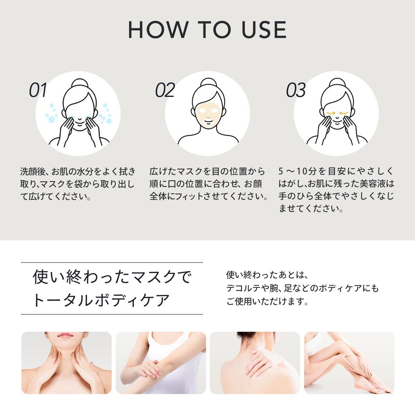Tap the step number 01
38,90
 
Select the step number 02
165,90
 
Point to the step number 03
296,90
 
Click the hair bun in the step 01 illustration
79,83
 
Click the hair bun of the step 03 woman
337,83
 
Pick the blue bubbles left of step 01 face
51,113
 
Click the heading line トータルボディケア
101,300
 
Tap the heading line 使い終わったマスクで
111,277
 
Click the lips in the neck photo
65,335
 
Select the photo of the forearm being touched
160,363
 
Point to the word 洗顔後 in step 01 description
31,171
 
